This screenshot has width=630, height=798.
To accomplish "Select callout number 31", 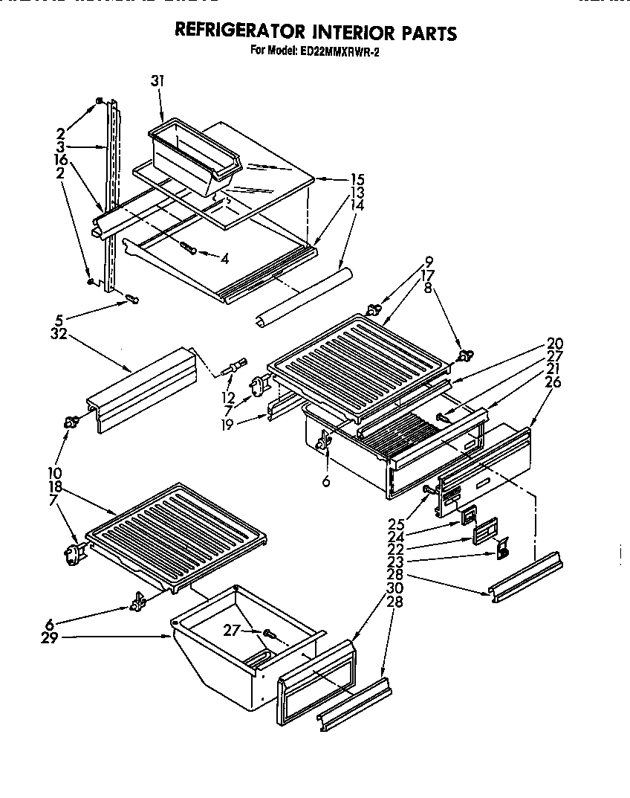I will point(157,81).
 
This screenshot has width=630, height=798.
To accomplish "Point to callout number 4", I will point(224,258).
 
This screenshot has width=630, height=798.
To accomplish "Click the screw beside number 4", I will point(190,251).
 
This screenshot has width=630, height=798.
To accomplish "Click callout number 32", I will point(60,334).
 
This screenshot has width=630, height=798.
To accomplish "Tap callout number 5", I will point(59,321).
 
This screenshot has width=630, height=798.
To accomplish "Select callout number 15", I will point(357,178).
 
